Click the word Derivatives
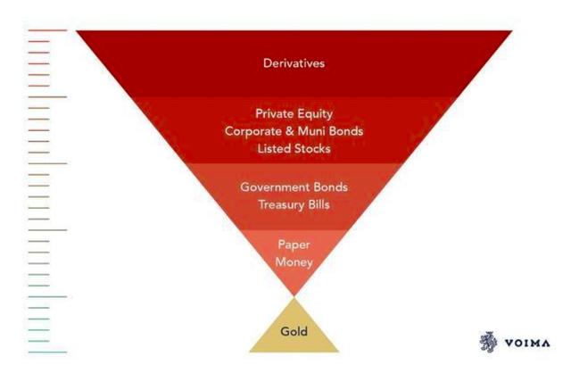(x=294, y=63)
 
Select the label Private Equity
(x=294, y=114)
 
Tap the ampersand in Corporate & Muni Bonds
(x=289, y=131)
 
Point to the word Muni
(x=311, y=131)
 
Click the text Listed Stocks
(x=294, y=149)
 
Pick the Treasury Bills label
(x=294, y=204)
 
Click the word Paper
(x=294, y=245)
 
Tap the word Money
(x=294, y=262)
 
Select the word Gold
(x=294, y=331)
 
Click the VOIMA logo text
(x=527, y=344)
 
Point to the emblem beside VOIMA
(x=488, y=342)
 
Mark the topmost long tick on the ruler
(x=47, y=30)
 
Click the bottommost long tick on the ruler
(x=47, y=352)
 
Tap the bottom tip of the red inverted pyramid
(x=294, y=295)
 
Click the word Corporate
(x=253, y=131)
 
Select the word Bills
(x=319, y=204)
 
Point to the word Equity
(x=315, y=114)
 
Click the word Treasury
(x=282, y=205)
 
